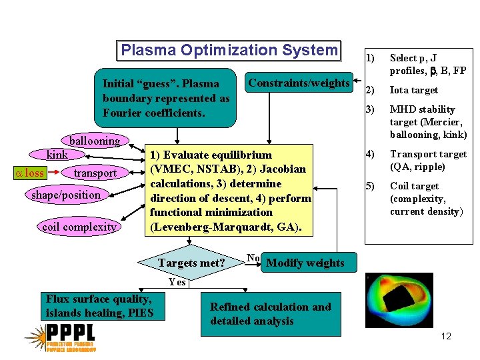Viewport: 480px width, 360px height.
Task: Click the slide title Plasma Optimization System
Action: click(229, 51)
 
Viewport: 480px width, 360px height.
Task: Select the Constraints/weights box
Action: click(299, 83)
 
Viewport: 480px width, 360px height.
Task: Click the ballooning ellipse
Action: click(95, 141)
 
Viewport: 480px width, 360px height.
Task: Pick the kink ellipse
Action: click(57, 155)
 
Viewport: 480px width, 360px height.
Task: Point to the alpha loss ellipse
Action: click(29, 173)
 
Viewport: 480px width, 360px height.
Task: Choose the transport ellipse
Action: click(95, 173)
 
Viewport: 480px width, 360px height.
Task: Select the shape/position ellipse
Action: click(66, 195)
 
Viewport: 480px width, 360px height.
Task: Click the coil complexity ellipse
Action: click(79, 227)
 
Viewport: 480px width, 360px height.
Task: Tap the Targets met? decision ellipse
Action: click(191, 263)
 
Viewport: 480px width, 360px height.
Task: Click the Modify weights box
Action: click(305, 263)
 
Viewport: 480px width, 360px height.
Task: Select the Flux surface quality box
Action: click(99, 306)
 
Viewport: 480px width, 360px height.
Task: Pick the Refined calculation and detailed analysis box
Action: click(271, 314)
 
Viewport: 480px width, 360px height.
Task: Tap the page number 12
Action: click(446, 336)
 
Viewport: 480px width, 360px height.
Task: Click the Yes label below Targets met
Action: click(177, 282)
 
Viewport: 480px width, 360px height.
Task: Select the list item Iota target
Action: click(413, 90)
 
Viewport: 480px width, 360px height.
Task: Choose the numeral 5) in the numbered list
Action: click(369, 186)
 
